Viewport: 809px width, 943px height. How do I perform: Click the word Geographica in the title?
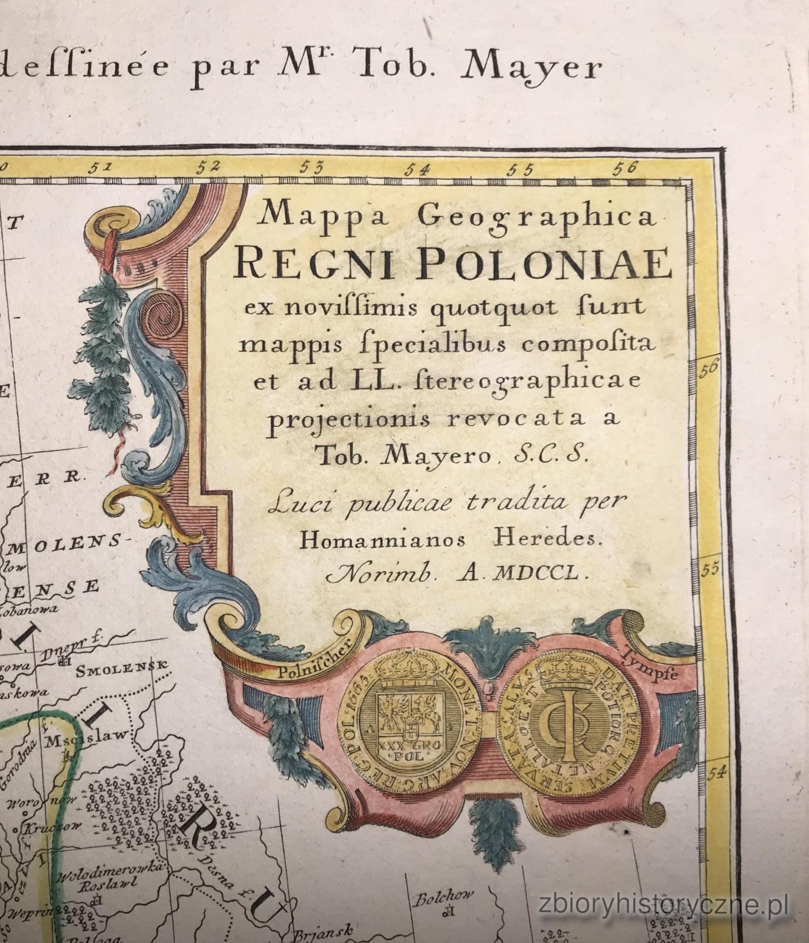(539, 217)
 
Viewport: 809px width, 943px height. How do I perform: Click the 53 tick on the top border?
(312, 168)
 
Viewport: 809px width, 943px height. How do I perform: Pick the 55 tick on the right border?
(710, 569)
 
